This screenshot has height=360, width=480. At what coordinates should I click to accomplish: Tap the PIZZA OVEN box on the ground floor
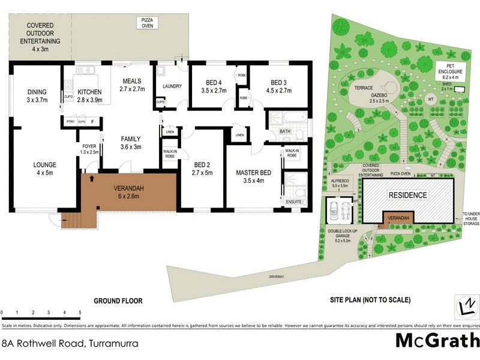tap(147, 23)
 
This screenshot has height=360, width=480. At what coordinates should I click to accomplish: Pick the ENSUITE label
tap(293, 202)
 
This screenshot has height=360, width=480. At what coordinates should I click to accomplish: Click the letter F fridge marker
tap(92, 122)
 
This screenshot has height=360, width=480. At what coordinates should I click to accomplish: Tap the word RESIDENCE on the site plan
tap(407, 195)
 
